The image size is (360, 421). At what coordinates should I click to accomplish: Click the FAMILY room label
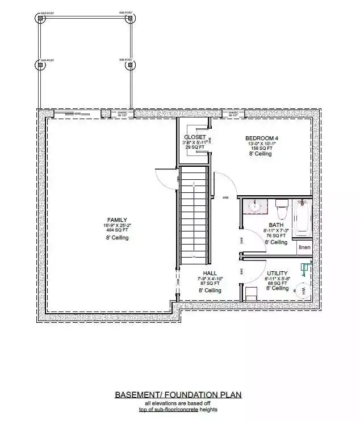tap(118, 220)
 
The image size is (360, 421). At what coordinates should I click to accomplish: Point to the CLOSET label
tap(194, 137)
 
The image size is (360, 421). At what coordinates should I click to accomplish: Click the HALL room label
tap(210, 273)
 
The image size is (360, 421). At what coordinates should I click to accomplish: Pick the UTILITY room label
tap(277, 273)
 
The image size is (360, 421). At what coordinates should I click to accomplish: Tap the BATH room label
tap(276, 225)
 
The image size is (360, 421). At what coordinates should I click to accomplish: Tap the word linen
tap(304, 247)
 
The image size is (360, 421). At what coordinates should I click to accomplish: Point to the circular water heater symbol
tap(302, 291)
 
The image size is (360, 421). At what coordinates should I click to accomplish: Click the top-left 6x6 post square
tap(41, 18)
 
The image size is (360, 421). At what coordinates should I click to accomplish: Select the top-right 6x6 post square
tap(130, 18)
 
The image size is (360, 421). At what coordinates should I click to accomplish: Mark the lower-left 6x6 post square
tap(41, 65)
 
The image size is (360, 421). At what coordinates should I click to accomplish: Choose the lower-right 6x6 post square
tap(130, 65)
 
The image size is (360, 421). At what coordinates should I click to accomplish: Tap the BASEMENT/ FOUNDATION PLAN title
tap(178, 394)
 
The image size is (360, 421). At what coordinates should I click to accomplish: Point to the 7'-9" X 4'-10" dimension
tap(210, 279)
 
